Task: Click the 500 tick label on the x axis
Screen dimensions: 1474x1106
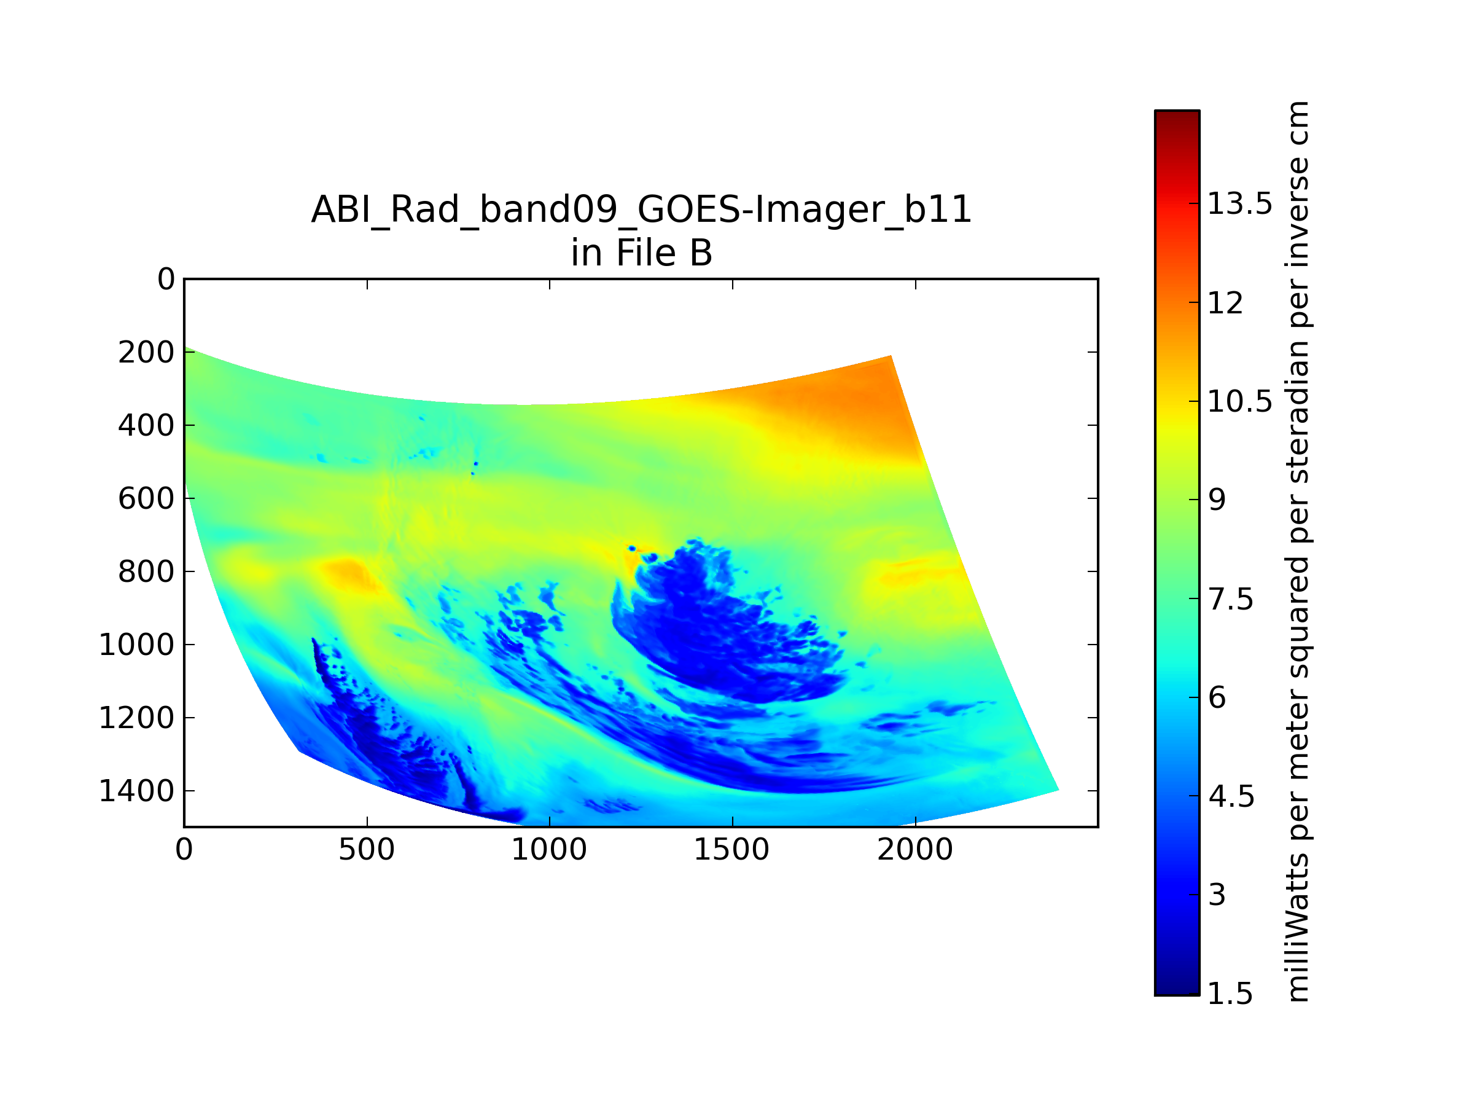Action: (x=367, y=849)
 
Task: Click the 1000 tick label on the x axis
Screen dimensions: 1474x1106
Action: (x=549, y=849)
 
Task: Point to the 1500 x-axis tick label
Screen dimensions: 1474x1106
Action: (x=731, y=849)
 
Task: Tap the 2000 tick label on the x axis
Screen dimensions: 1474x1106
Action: (x=915, y=849)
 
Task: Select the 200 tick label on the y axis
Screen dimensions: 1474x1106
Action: (x=147, y=352)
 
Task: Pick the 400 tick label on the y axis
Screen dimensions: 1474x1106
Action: (x=147, y=425)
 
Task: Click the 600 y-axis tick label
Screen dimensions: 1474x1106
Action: (x=147, y=499)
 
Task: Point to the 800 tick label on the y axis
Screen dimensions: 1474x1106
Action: (x=147, y=571)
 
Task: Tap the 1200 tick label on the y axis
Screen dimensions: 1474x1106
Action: (x=136, y=718)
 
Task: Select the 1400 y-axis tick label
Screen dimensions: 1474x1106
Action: (x=136, y=791)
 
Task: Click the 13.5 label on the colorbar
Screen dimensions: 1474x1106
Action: (x=1240, y=203)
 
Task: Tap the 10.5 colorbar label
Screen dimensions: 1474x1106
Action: (x=1240, y=401)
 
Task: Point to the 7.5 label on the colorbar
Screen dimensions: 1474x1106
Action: (x=1231, y=599)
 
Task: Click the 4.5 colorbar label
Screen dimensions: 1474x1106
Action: (x=1231, y=797)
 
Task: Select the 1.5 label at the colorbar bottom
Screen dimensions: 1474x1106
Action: (x=1231, y=994)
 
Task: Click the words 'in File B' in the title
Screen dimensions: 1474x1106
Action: (x=642, y=253)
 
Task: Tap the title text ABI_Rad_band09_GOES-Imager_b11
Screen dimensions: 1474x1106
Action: (x=642, y=210)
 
